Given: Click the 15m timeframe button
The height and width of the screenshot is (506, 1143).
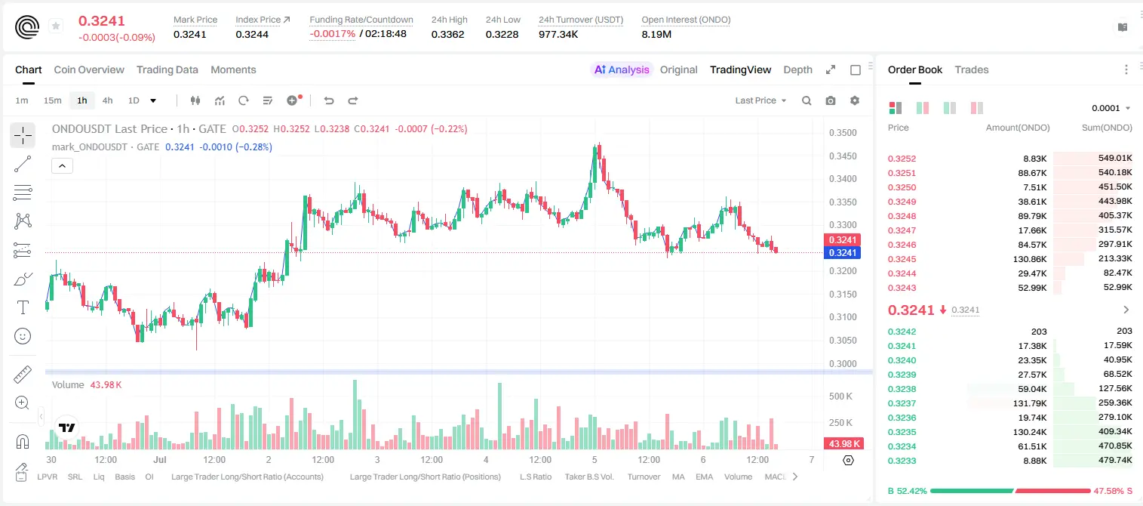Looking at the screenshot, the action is tap(53, 100).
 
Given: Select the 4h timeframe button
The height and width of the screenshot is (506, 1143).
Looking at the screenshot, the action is tap(107, 100).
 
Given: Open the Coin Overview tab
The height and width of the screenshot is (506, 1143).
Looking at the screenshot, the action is tap(89, 69).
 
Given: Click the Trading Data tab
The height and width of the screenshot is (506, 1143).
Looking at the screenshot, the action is tap(167, 69).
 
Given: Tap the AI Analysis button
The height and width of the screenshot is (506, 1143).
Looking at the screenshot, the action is tap(622, 69).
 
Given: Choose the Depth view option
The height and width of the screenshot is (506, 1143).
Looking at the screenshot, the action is tap(797, 69).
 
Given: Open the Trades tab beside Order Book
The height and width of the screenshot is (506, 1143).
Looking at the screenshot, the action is tap(972, 69).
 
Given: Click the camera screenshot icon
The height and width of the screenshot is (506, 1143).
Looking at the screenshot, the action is tap(831, 100).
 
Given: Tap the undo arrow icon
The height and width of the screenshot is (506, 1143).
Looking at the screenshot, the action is tap(329, 100).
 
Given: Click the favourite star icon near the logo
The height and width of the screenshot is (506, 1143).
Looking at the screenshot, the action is tap(56, 26).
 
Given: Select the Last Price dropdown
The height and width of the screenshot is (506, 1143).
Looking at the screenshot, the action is tap(760, 100).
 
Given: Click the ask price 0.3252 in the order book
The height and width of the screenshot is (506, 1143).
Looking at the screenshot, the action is tap(902, 159).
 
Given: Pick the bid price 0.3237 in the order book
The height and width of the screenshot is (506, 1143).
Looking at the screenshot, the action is tap(902, 403).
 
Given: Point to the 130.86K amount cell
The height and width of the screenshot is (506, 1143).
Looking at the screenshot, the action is tap(1030, 259).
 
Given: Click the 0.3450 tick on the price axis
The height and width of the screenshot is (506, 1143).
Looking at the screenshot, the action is tap(843, 156).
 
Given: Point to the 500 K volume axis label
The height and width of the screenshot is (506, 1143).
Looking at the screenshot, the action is tap(841, 396).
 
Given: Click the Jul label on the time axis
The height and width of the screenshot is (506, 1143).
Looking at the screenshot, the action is tap(160, 459).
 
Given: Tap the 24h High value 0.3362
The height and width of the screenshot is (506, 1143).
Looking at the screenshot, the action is tap(447, 34).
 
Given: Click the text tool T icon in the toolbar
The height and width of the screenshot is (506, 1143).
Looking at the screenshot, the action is tap(23, 307).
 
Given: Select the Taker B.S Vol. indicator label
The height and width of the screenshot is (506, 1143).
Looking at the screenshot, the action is tap(588, 477).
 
